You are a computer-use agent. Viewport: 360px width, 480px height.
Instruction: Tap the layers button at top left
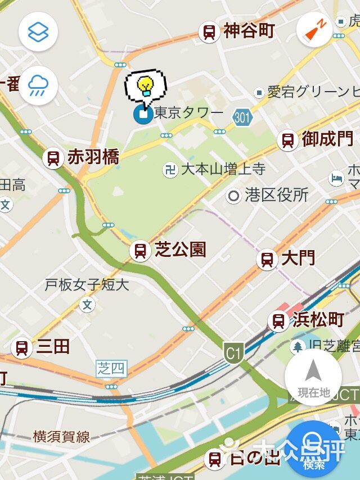(38, 31)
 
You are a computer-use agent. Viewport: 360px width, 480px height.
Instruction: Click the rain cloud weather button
(38, 86)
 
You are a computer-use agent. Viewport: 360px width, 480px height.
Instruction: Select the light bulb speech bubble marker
(145, 87)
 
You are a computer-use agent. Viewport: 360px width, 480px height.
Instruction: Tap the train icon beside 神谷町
(209, 32)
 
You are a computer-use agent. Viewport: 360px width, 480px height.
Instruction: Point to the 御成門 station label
(327, 139)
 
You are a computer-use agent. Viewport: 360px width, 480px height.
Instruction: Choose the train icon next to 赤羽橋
(53, 158)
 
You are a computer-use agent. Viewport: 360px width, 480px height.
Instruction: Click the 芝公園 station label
(180, 250)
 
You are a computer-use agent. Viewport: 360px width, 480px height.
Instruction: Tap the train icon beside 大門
(267, 260)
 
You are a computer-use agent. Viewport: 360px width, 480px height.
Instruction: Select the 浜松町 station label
(318, 320)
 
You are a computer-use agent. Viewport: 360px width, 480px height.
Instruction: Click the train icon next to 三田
(21, 347)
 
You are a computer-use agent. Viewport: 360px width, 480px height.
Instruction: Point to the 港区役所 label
(276, 196)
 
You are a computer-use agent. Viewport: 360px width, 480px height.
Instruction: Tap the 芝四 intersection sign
(111, 369)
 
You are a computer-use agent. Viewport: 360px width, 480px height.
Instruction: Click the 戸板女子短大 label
(87, 285)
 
